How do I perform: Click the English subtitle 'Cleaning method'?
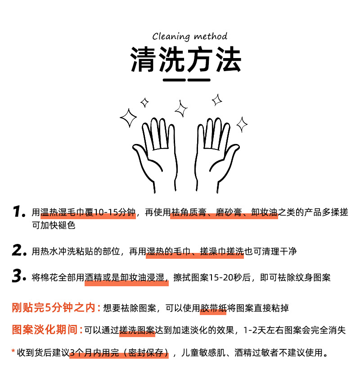click(x=189, y=36)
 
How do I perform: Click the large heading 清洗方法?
click(x=186, y=60)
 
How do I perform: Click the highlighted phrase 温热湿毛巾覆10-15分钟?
click(x=88, y=213)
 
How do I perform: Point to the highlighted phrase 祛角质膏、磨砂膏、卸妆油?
click(x=224, y=213)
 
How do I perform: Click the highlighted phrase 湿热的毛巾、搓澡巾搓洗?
click(x=195, y=252)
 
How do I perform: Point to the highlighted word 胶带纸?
click(x=213, y=308)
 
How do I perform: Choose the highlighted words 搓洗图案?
click(x=137, y=330)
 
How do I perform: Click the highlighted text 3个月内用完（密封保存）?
click(x=119, y=352)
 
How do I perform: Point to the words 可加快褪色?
click(x=54, y=225)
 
